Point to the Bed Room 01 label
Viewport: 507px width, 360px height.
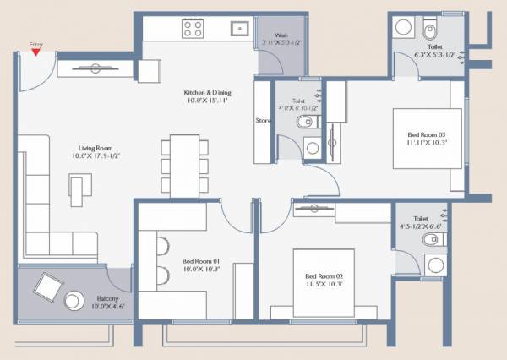[201, 261]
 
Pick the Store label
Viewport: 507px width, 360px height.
[263, 121]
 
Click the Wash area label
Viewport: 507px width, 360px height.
[281, 35]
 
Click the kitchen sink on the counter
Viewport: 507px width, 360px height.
[240, 28]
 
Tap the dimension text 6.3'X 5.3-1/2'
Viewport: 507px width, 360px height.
[435, 55]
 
